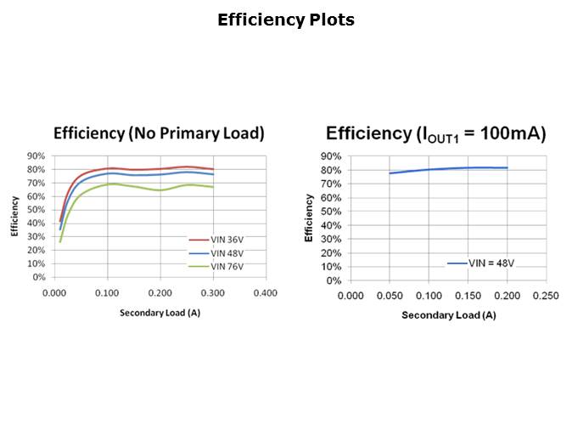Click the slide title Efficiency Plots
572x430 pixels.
point(285,20)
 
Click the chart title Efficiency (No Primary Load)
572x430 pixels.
point(159,133)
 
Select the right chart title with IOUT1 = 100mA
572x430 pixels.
point(435,133)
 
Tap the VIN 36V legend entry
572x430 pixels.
point(227,240)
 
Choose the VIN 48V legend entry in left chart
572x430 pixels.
point(227,253)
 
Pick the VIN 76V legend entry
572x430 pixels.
point(227,266)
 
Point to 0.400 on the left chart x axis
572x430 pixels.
point(266,292)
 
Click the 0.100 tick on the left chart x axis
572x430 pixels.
point(107,292)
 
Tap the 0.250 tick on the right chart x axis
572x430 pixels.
point(545,296)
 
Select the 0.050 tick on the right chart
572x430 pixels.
point(389,296)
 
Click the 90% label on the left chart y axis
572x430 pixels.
point(37,156)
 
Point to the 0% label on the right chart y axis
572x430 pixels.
point(334,281)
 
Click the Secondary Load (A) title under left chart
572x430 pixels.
point(159,312)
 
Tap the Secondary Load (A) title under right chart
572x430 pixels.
point(448,315)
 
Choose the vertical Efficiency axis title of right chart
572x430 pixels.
point(309,218)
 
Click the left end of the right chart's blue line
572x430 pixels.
point(390,173)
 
